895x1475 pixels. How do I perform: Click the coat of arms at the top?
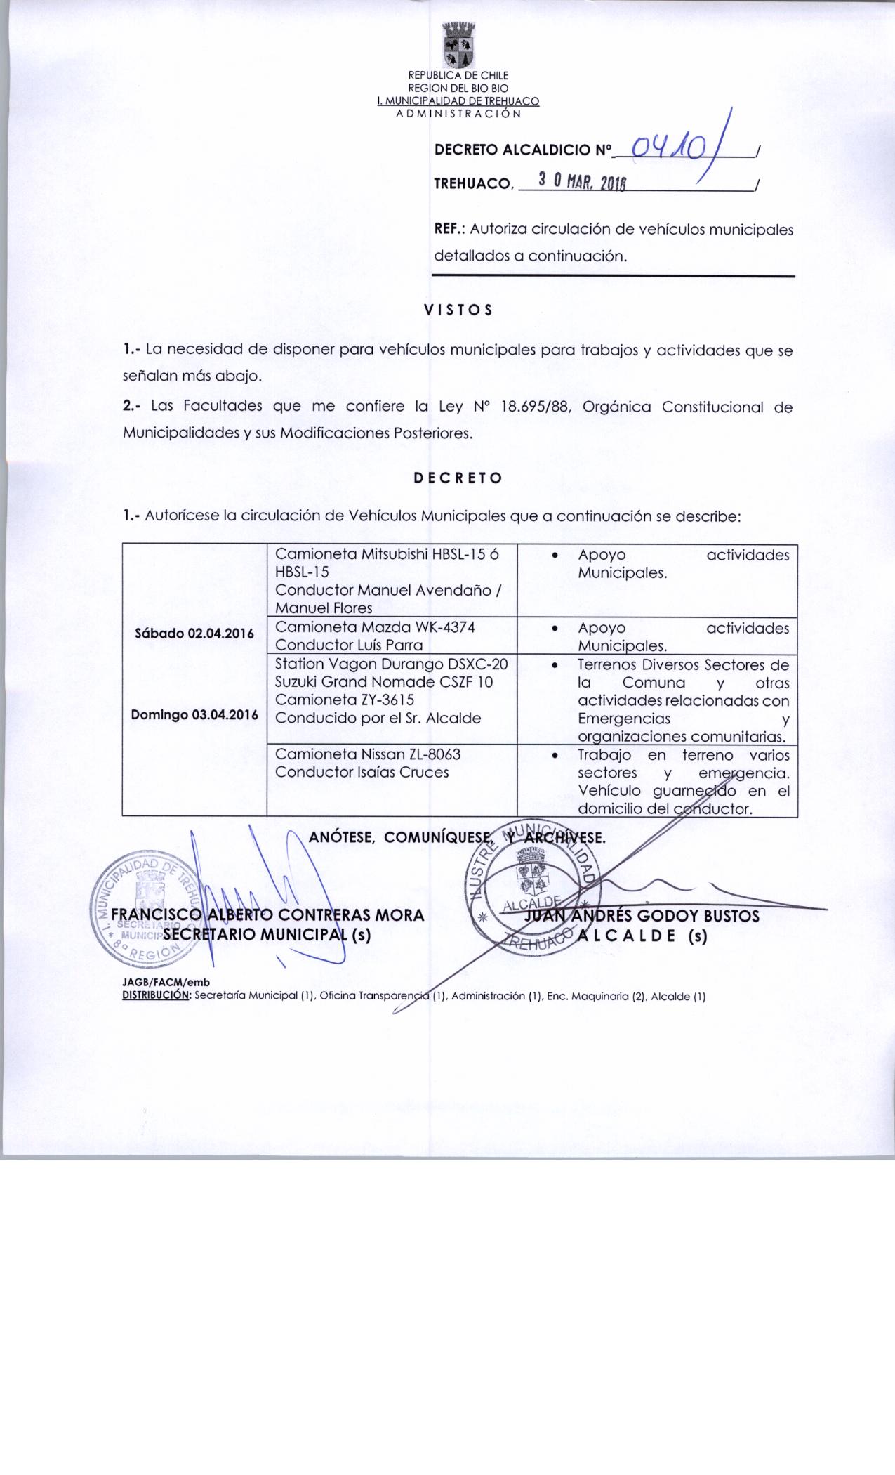tap(459, 44)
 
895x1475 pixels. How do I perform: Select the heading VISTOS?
tap(458, 310)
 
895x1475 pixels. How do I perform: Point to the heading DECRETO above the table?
tap(457, 478)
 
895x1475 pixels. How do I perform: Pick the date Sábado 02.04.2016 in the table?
tap(194, 634)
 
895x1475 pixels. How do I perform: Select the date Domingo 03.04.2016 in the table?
tap(194, 715)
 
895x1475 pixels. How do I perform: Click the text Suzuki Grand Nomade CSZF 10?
tap(384, 682)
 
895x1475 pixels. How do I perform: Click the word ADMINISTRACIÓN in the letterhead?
tap(458, 112)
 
